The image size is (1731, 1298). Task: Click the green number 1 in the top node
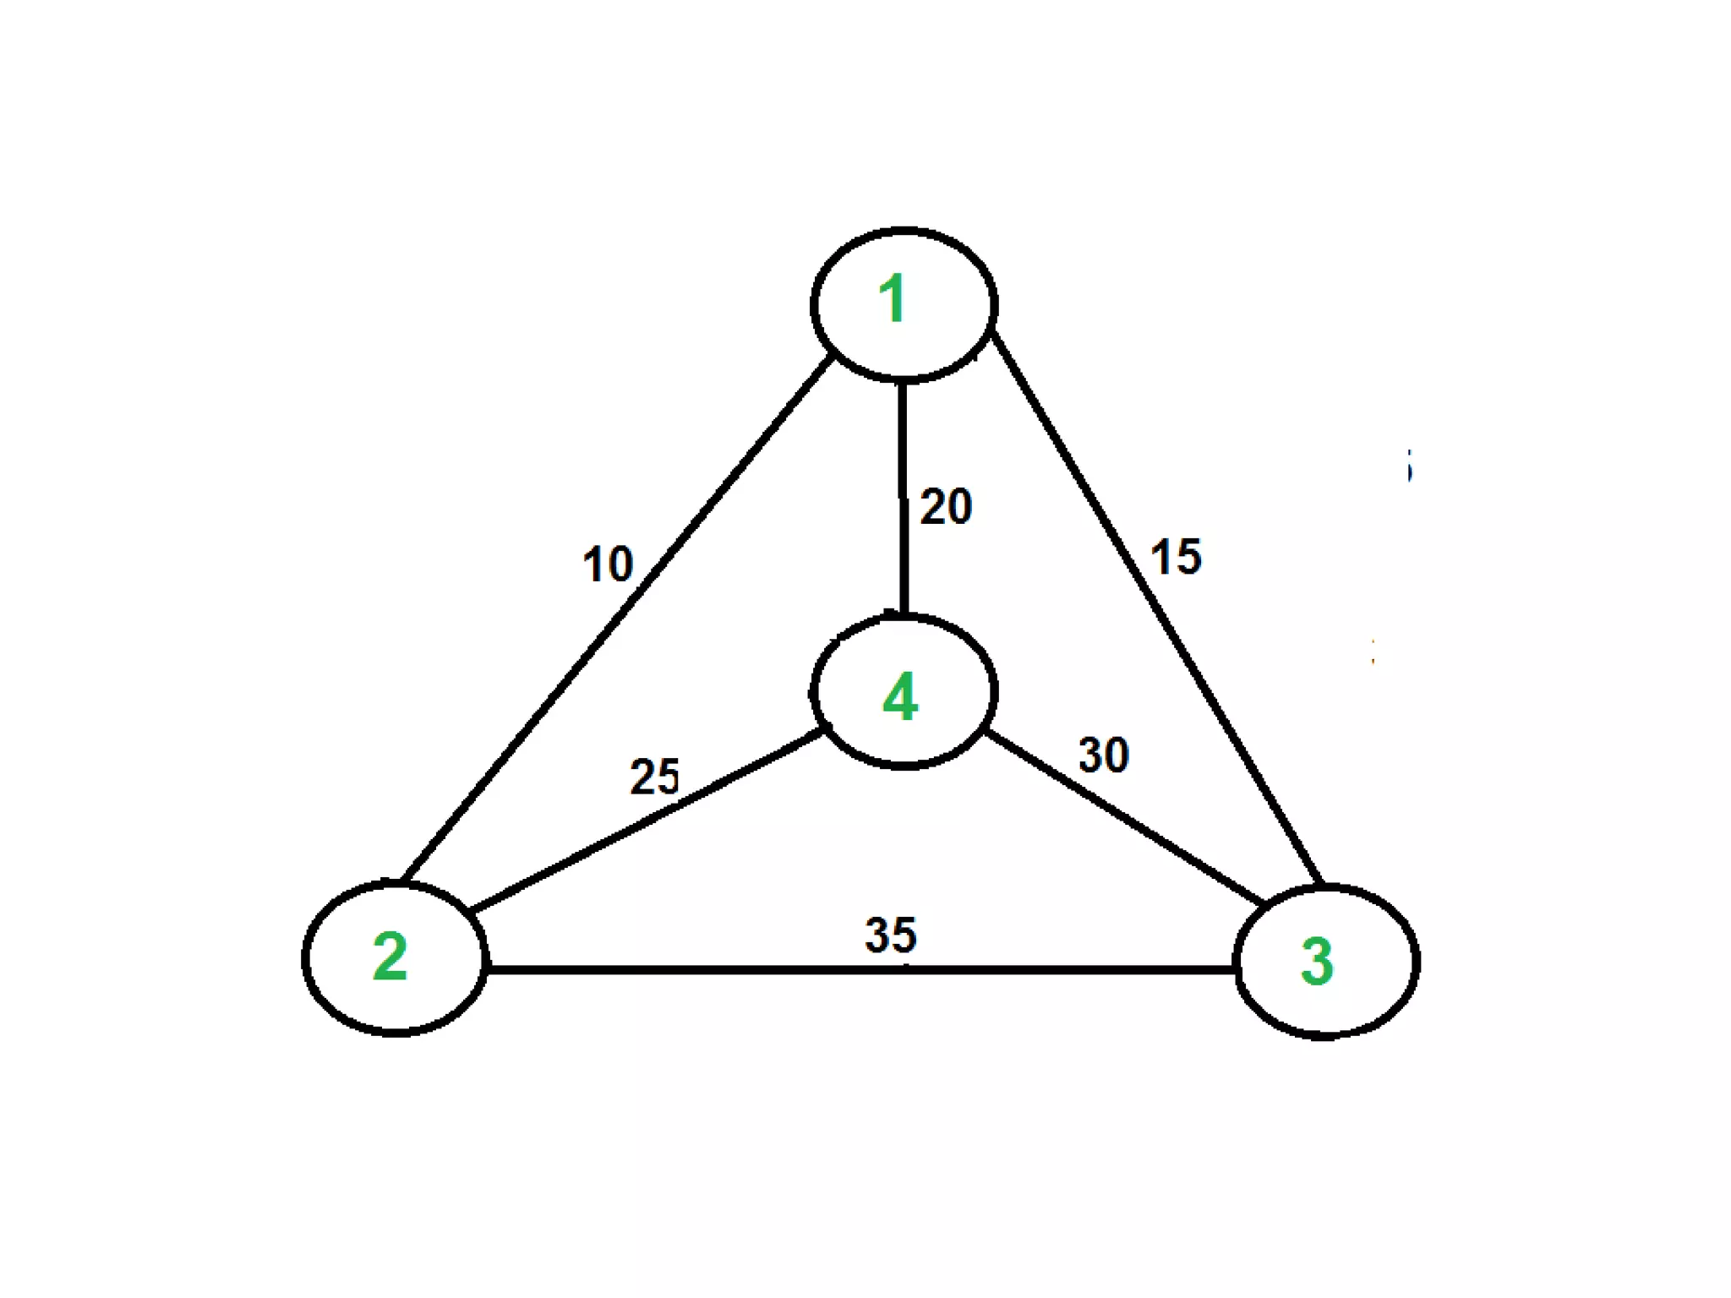893,299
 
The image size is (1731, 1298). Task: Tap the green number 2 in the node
390,957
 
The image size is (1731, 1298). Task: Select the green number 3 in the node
1317,962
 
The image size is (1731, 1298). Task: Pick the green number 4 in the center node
900,697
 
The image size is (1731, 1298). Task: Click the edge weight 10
608,564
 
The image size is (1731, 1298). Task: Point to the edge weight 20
946,507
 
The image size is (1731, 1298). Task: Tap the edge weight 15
1176,557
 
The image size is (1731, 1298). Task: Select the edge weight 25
654,777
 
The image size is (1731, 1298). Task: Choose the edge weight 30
1104,755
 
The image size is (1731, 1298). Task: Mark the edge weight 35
891,935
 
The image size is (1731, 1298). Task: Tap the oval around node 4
995,691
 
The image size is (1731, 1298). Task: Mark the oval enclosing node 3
1417,962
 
